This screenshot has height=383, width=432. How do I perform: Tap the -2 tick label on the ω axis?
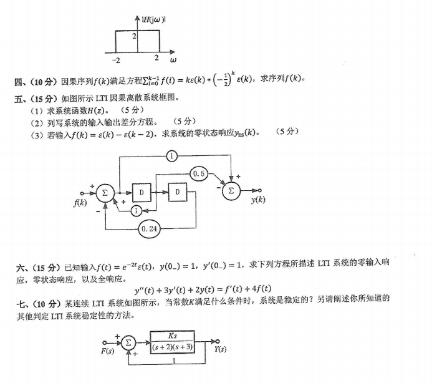116,61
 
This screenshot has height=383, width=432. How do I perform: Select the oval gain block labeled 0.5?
200,173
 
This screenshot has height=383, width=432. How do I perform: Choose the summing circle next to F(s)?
128,342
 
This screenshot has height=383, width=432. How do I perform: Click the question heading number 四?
19,82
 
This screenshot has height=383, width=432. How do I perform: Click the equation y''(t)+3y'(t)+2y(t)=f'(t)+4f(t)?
203,289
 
